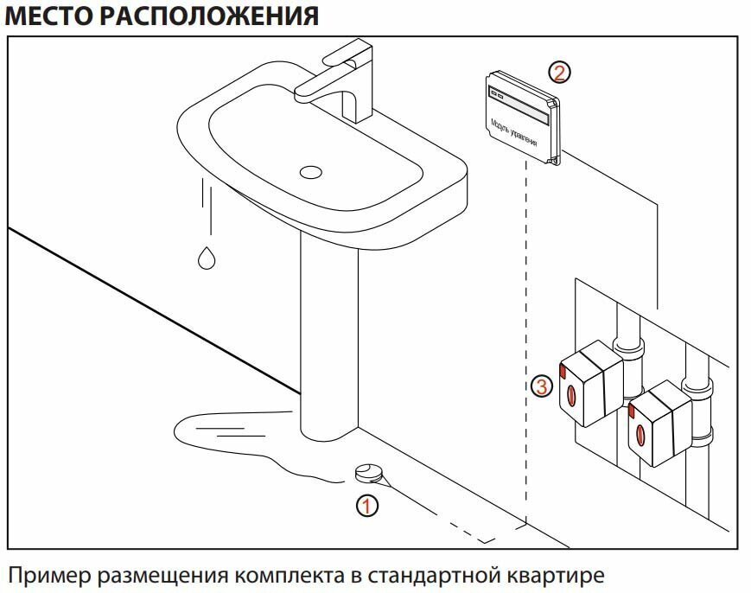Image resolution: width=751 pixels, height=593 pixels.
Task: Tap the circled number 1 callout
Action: (x=368, y=505)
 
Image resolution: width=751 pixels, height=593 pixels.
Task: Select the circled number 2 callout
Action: (x=560, y=72)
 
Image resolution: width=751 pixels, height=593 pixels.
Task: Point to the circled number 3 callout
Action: (x=542, y=386)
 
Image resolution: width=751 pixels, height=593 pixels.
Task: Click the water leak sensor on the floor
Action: (x=368, y=473)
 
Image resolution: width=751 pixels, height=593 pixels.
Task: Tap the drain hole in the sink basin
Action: (x=310, y=171)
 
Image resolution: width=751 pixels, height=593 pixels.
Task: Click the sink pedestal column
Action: (x=328, y=337)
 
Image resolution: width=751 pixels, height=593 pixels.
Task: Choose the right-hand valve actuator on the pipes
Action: (x=660, y=424)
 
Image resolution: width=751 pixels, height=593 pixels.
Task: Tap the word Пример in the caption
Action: (x=49, y=575)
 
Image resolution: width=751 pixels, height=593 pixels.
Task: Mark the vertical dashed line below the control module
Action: (x=526, y=346)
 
